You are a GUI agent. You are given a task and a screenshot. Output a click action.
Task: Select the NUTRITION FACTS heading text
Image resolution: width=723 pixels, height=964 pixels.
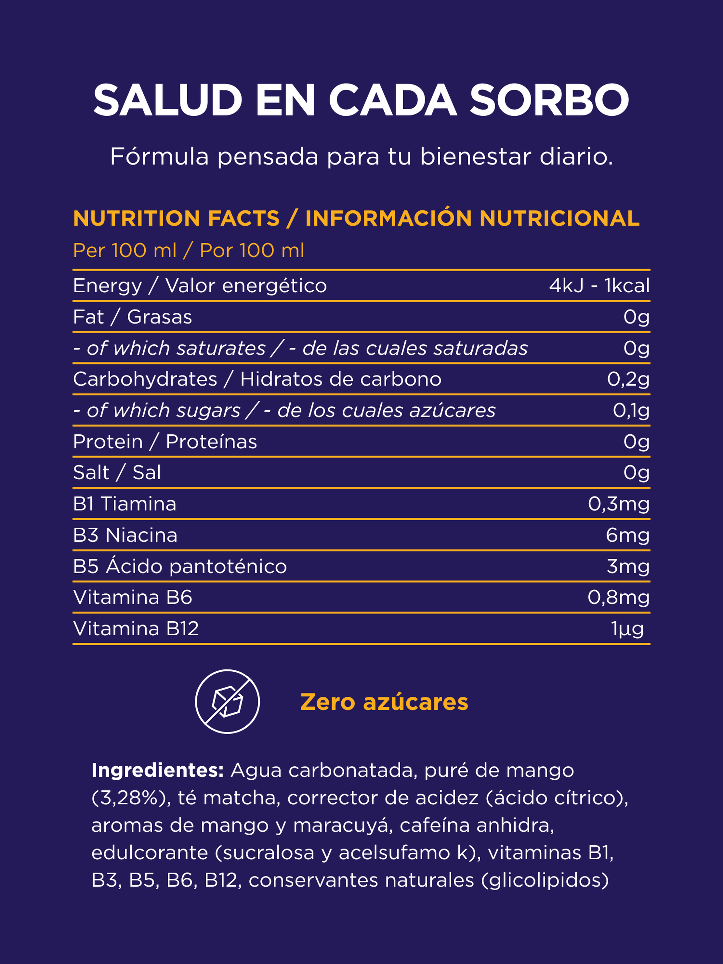coord(176,218)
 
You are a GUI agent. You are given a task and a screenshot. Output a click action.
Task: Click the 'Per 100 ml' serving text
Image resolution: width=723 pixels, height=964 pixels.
coord(125,250)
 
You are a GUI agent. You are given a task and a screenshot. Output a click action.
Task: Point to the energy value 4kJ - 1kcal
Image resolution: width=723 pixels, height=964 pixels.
coord(599,286)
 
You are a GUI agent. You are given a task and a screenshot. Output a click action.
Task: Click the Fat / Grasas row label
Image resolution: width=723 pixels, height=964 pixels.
coord(132,317)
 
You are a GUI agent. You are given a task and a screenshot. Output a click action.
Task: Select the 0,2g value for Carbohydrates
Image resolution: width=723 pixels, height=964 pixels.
coord(628,379)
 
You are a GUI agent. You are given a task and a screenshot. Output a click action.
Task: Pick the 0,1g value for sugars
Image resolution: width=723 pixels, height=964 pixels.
coord(631,411)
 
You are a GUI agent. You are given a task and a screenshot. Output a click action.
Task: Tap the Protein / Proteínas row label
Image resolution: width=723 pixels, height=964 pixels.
coord(165,442)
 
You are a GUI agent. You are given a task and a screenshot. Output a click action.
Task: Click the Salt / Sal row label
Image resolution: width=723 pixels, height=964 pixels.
coord(117,473)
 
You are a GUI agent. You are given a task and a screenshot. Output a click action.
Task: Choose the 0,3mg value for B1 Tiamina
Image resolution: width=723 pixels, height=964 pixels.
coord(618,504)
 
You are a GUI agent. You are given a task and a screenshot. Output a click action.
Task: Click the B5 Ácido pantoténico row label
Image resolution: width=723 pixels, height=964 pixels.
coord(180,567)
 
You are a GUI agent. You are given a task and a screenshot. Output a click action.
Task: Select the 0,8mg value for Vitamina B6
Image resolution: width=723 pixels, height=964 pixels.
coord(618,598)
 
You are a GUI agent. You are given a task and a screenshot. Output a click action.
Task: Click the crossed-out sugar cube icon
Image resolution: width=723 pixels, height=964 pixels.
coord(227,701)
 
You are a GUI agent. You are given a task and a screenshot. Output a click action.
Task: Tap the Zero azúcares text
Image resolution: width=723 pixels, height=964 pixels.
coord(384,702)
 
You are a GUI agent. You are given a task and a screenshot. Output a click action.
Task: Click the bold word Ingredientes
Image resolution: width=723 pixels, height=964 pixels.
coord(157,770)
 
